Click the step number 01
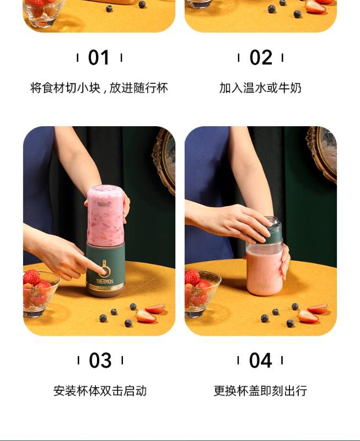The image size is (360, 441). click(99, 58)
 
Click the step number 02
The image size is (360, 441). click(261, 58)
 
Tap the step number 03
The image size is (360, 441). click(100, 361)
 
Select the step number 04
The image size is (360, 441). click(260, 361)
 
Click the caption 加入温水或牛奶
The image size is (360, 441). click(260, 88)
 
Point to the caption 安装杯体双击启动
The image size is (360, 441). click(100, 391)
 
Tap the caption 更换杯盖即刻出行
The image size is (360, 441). click(260, 391)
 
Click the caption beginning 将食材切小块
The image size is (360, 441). click(99, 88)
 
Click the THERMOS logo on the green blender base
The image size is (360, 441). click(105, 281)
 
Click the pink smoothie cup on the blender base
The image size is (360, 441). click(105, 216)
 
